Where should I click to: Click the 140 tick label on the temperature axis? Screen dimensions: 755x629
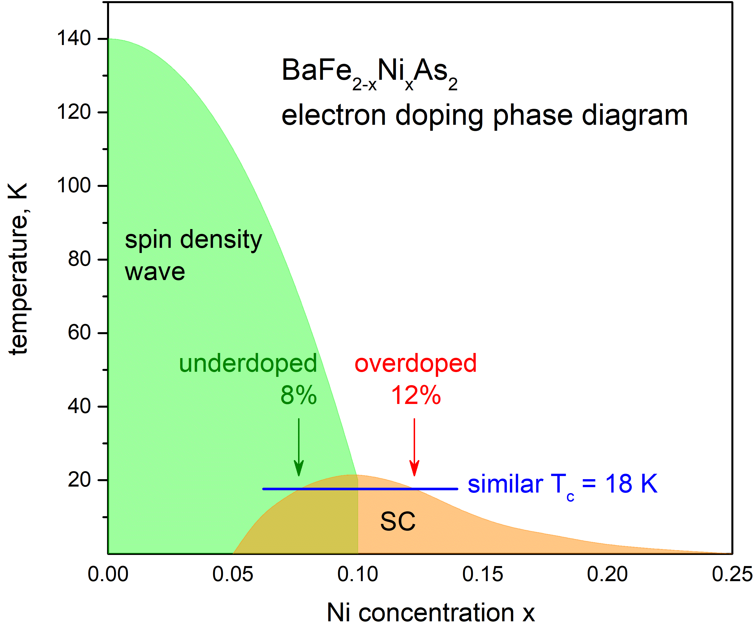pyautogui.click(x=74, y=38)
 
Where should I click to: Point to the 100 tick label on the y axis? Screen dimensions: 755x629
pyautogui.click(x=74, y=186)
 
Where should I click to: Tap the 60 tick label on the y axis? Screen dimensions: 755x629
pyautogui.click(x=79, y=332)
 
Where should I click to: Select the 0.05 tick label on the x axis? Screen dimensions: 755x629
pyautogui.click(x=233, y=574)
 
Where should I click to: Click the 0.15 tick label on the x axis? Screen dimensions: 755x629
pyautogui.click(x=483, y=574)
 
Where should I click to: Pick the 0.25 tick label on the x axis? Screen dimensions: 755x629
pyautogui.click(x=732, y=574)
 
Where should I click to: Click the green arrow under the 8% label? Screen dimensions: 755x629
pyautogui.click(x=299, y=447)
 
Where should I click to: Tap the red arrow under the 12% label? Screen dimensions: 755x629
pyautogui.click(x=415, y=447)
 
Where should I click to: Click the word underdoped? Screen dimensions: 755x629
pyautogui.click(x=248, y=364)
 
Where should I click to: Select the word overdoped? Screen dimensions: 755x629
pyautogui.click(x=416, y=363)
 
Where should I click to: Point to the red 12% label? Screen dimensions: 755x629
pyautogui.click(x=416, y=395)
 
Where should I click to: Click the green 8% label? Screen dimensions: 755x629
pyautogui.click(x=299, y=395)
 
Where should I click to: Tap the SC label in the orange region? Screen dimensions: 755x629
pyautogui.click(x=398, y=521)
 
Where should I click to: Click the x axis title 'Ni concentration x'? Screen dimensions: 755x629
pyautogui.click(x=431, y=613)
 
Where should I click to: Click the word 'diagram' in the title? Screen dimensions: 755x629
pyautogui.click(x=635, y=116)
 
